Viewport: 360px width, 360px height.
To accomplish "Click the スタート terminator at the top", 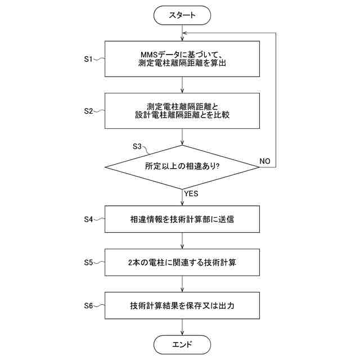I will tap(182, 15).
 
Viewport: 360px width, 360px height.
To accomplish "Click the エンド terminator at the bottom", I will tap(182, 344).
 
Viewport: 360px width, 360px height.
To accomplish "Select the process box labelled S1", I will tap(182, 58).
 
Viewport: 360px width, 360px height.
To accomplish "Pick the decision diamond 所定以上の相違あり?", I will tap(182, 166).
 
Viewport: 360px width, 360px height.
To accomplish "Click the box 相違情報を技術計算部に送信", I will tap(182, 219).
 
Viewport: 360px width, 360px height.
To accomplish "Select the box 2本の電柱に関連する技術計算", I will tap(182, 263).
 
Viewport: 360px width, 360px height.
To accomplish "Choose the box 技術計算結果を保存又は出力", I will tap(182, 306).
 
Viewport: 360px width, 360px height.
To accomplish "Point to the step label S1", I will tap(88, 58).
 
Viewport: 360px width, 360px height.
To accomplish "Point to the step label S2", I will tap(88, 110).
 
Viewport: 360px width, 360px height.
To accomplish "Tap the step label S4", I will tap(88, 219).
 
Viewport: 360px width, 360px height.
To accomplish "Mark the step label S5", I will tap(88, 263).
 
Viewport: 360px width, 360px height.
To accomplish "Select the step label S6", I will tap(88, 306).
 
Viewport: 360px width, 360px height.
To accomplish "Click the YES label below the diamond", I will tap(191, 193).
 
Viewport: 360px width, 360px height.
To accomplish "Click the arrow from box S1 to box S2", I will tap(182, 84).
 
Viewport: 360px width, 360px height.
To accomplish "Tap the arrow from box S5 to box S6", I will tap(182, 284).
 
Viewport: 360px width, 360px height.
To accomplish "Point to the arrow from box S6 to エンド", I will tap(182, 327).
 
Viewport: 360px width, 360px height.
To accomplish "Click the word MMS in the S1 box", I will tap(150, 54).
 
